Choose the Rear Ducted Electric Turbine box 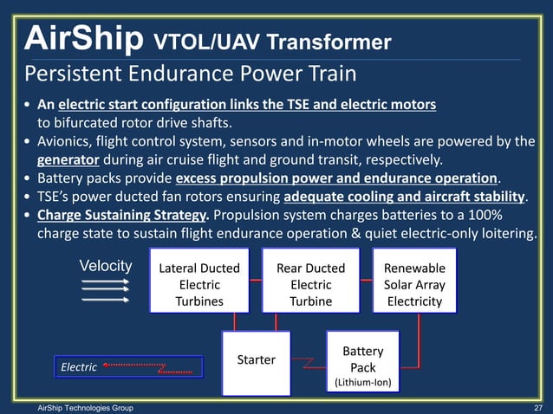(310, 279)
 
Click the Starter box (256, 359)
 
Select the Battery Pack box (362, 359)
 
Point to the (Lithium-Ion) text (362, 381)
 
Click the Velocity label (106, 266)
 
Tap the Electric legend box (127, 367)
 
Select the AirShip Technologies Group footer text (79, 406)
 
